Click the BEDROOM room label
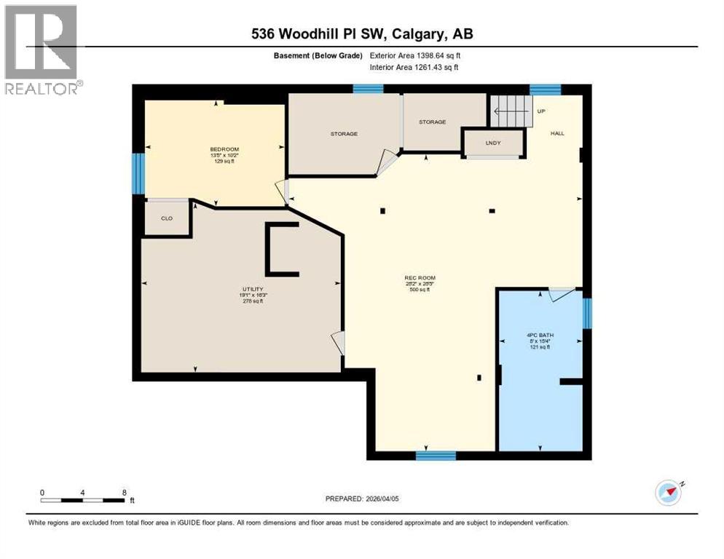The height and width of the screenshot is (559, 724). click(x=224, y=149)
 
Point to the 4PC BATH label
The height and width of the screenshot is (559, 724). click(x=539, y=336)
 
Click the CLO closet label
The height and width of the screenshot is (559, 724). click(x=166, y=218)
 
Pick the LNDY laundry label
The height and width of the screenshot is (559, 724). click(x=494, y=143)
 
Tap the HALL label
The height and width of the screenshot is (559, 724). click(x=557, y=133)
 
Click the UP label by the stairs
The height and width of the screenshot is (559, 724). click(x=540, y=111)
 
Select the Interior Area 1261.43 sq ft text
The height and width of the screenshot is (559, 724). click(x=414, y=68)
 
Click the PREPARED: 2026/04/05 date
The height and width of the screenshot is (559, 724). click(x=362, y=499)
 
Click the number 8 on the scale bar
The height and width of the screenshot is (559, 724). click(x=125, y=493)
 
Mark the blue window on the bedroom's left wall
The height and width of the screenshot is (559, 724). click(x=138, y=174)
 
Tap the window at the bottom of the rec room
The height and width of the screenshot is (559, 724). click(x=436, y=456)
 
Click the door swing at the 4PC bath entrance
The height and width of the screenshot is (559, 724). click(x=559, y=294)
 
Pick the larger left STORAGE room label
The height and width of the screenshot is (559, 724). click(x=344, y=134)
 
